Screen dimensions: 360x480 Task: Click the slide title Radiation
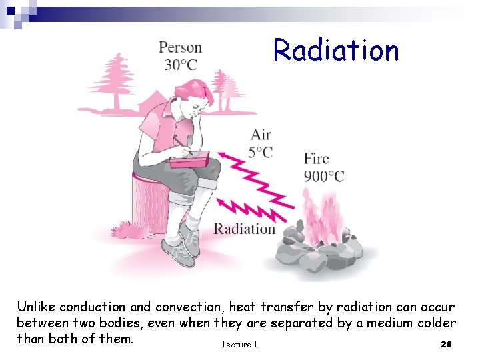pyautogui.click(x=336, y=50)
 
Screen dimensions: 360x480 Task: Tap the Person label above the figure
pyautogui.click(x=180, y=47)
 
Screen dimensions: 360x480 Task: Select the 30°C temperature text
pyautogui.click(x=181, y=65)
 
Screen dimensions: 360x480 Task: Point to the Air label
pyautogui.click(x=261, y=135)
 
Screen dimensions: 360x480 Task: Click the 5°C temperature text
pyautogui.click(x=261, y=152)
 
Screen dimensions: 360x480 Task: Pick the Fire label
pyautogui.click(x=317, y=159)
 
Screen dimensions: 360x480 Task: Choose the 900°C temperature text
pyautogui.click(x=324, y=176)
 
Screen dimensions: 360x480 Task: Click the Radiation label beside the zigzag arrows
pyautogui.click(x=244, y=229)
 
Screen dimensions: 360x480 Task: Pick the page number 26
pyautogui.click(x=447, y=344)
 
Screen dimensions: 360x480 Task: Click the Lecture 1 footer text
pyautogui.click(x=239, y=344)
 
